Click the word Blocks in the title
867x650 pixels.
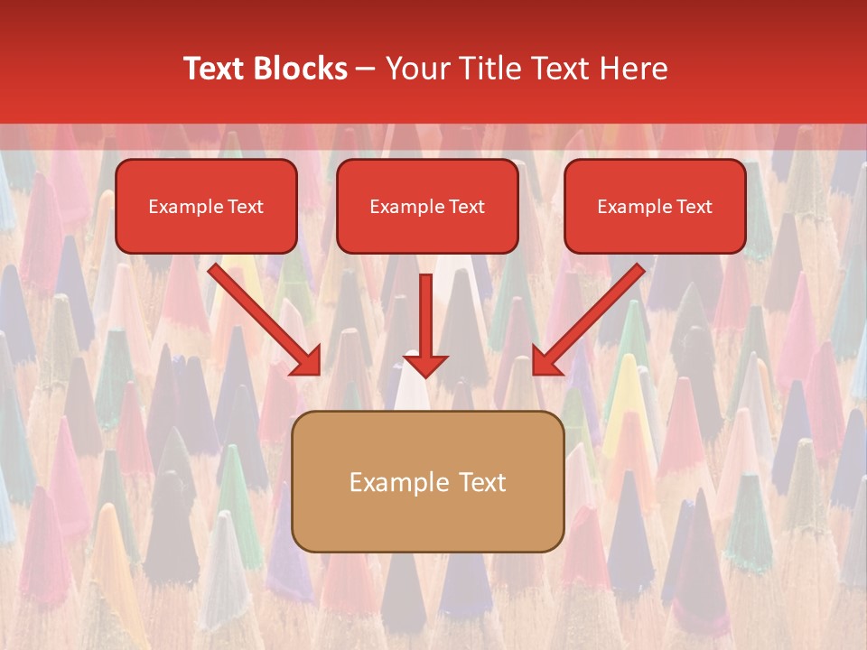303,69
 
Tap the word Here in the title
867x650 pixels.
633,69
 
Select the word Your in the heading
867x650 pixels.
419,69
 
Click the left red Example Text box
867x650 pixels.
206,207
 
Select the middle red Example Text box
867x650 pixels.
427,207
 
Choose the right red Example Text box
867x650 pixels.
655,207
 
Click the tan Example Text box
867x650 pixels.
427,481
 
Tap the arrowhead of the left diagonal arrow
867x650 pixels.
307,361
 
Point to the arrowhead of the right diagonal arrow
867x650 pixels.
546,361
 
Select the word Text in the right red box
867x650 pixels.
695,207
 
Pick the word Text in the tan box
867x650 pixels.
481,482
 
